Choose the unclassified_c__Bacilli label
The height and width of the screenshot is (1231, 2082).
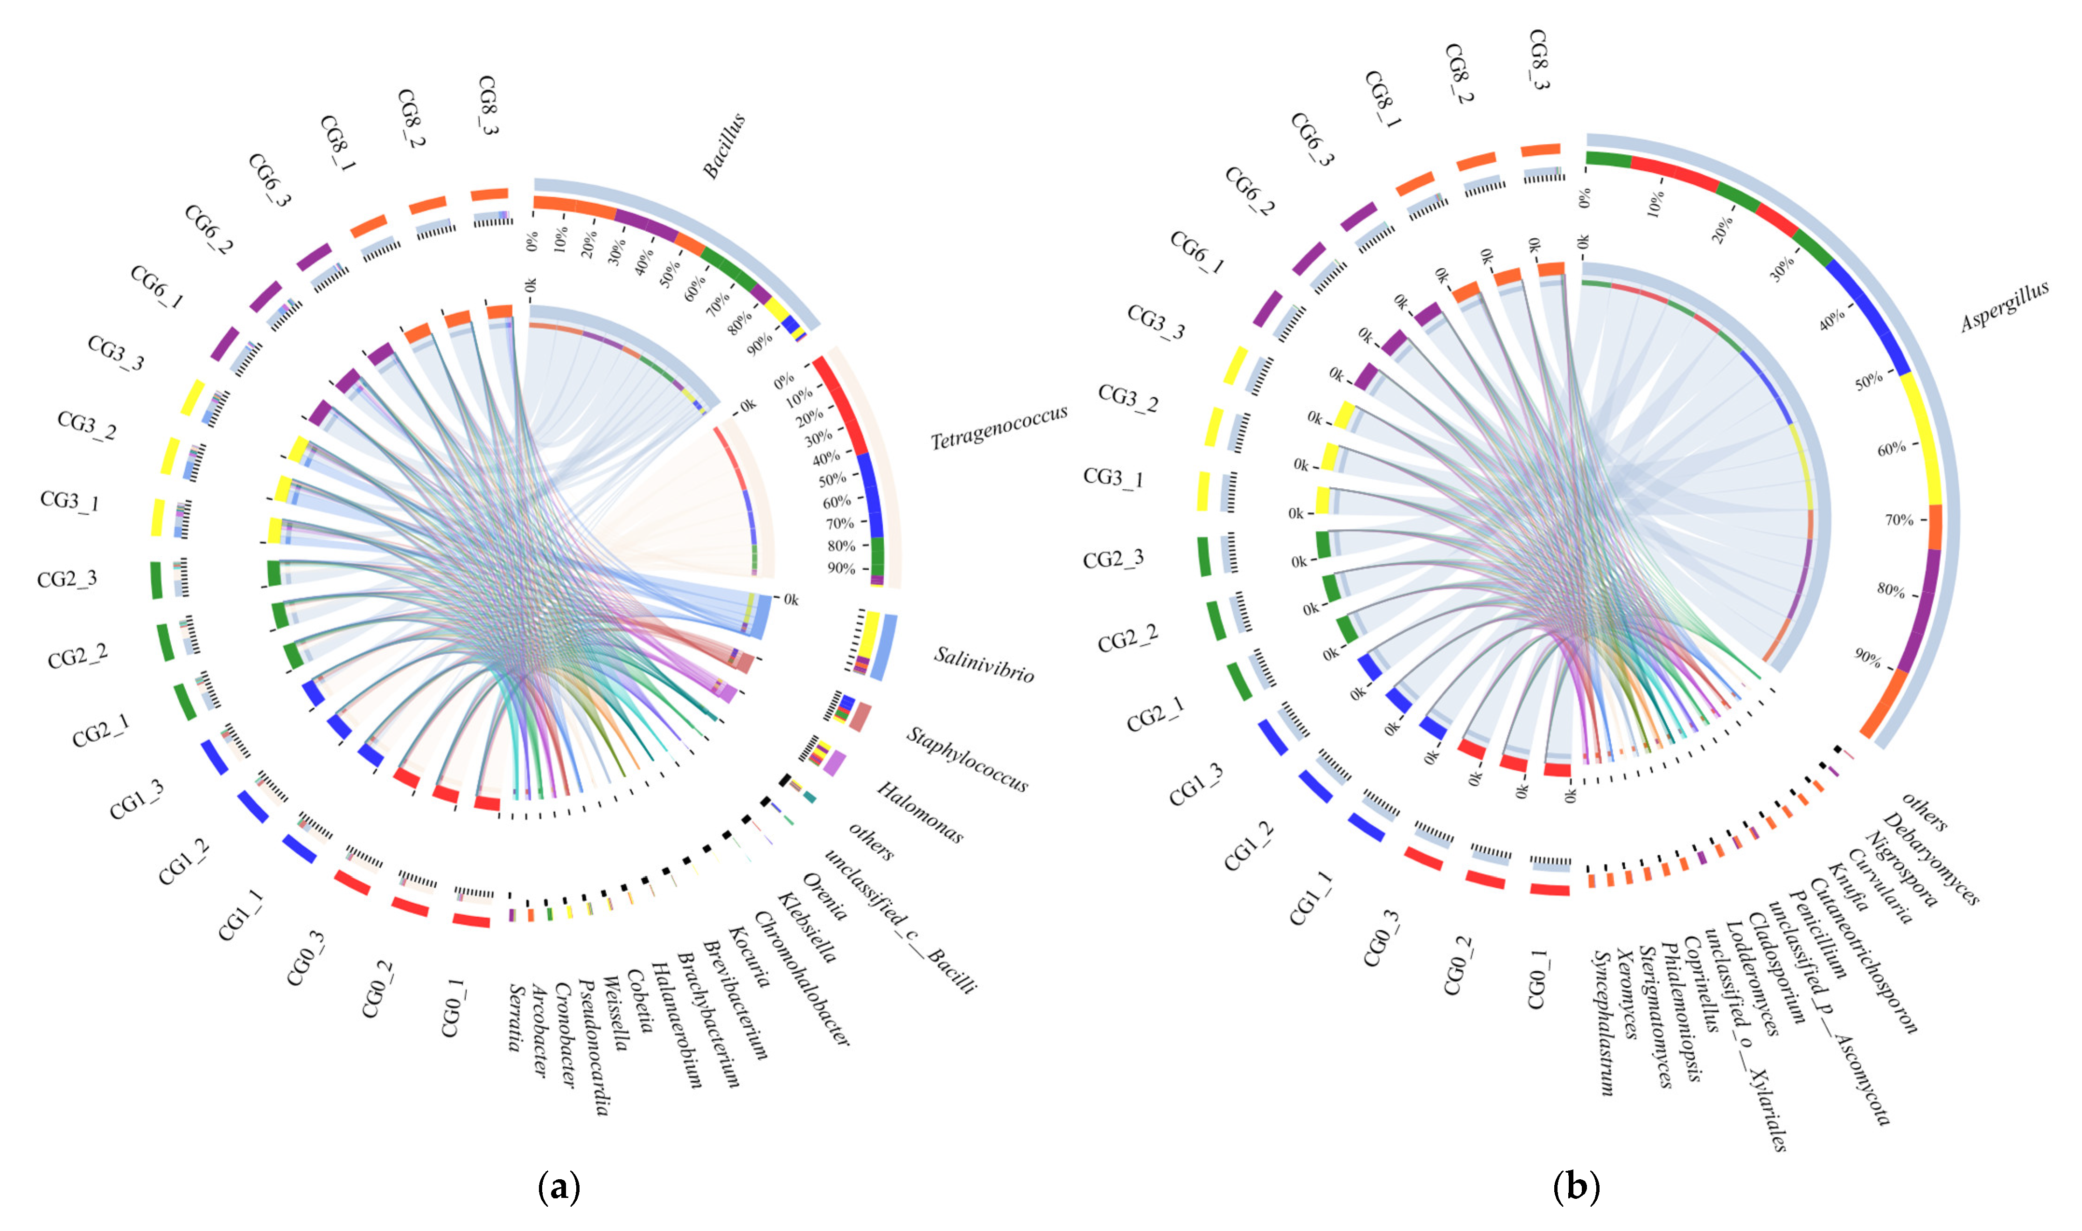point(901,921)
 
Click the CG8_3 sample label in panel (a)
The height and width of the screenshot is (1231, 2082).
point(488,106)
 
